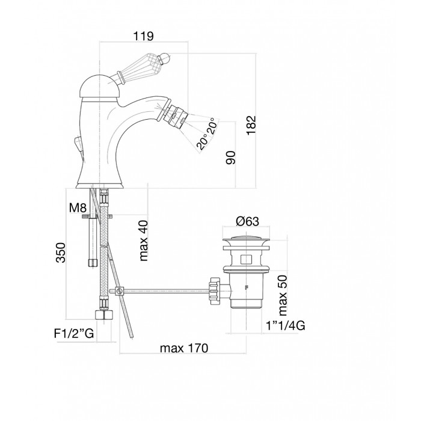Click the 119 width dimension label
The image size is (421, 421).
[143, 36]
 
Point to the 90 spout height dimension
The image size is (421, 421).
[231, 157]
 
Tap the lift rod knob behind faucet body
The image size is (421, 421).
[76, 145]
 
